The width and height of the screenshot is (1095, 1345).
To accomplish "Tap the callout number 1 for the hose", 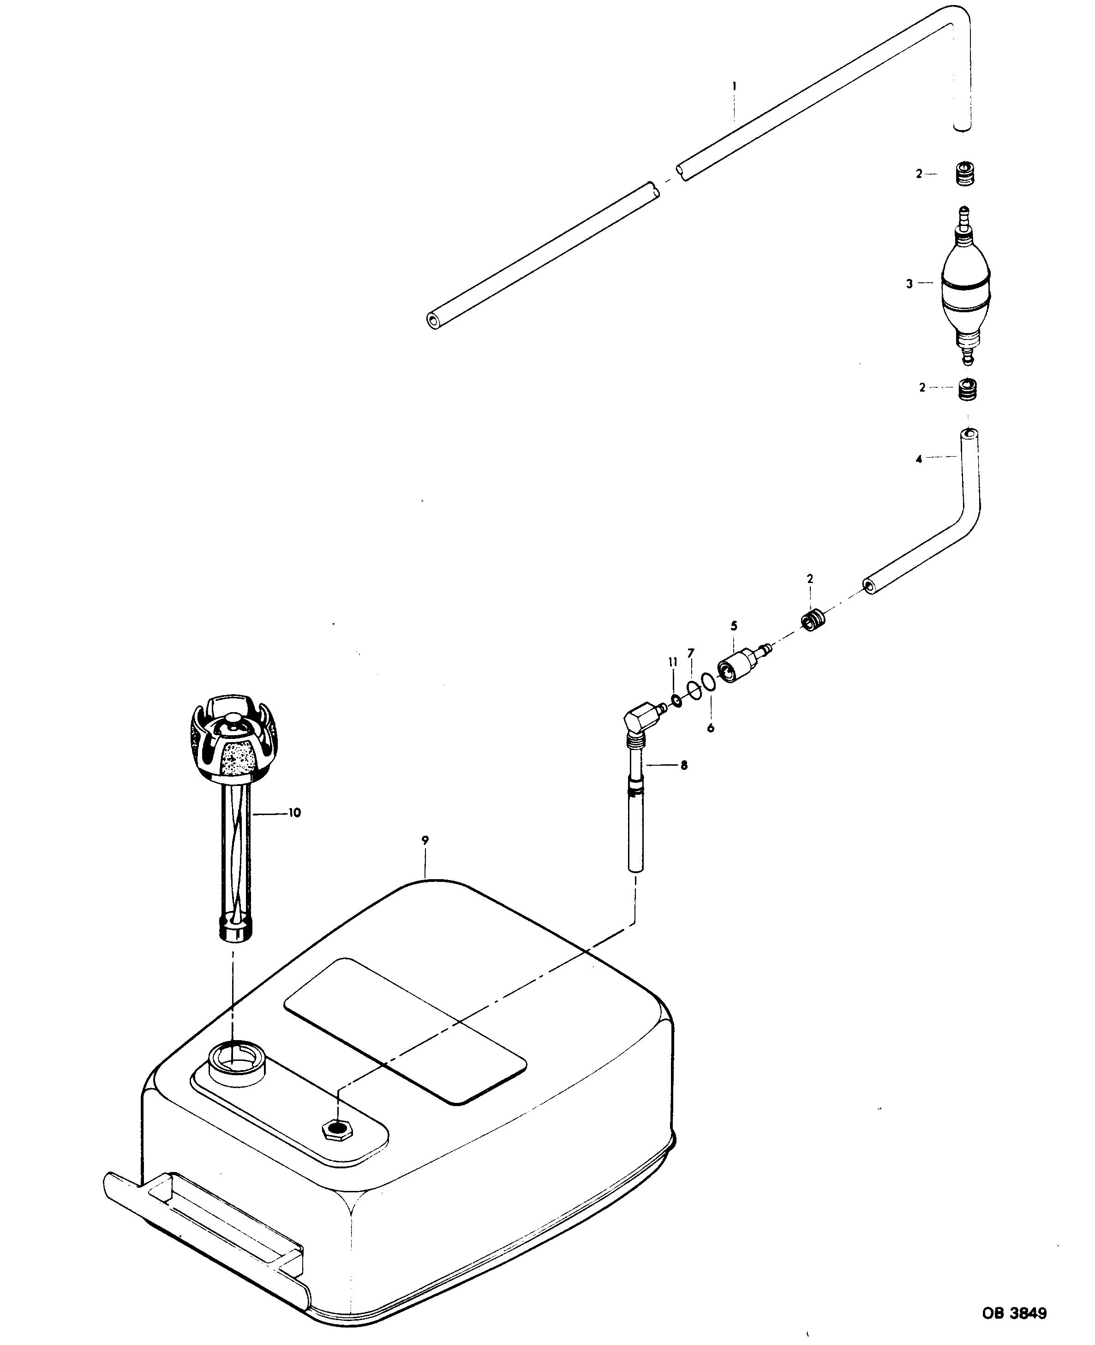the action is tap(734, 85).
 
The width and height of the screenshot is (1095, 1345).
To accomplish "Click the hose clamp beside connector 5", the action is tap(813, 620).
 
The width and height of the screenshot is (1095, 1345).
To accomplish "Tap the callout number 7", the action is tap(691, 652).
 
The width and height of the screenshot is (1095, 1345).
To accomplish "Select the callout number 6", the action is tap(711, 728).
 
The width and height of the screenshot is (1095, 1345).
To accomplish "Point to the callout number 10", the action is tap(294, 813).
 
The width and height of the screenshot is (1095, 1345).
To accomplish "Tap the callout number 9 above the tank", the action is tap(426, 840).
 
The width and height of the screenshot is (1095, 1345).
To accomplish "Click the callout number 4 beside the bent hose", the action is tap(919, 460).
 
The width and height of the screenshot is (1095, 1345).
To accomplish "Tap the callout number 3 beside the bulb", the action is tap(910, 285).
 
